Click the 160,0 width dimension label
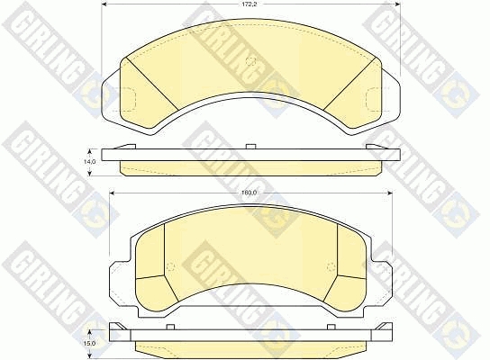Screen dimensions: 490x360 click(250, 193)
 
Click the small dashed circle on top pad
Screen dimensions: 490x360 click(250, 61)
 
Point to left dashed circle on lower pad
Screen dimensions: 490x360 click(170, 267)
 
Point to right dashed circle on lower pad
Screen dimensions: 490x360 click(331, 267)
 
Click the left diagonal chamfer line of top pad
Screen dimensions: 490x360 click(152, 84)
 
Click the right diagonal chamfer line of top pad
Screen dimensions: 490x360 click(349, 85)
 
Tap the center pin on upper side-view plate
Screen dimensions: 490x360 click(251, 146)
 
